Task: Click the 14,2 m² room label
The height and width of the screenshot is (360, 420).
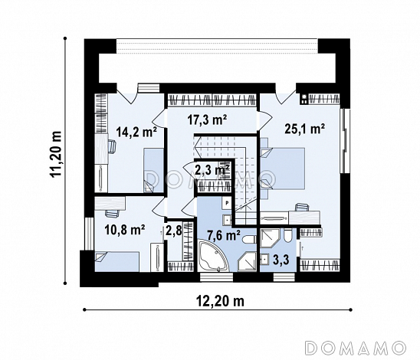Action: coord(136,132)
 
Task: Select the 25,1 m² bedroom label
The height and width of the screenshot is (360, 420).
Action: coord(305,129)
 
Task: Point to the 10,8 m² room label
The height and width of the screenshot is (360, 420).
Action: coord(125,230)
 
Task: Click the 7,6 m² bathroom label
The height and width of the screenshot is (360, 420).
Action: coord(224,236)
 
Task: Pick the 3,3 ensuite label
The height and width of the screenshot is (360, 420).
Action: coord(281,260)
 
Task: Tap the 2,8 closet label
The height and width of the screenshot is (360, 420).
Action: coord(174,231)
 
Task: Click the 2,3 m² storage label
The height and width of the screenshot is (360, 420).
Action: coord(212,169)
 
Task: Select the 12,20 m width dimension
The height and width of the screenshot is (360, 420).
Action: coord(220,301)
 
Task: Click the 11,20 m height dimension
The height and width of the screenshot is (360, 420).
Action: coord(56,154)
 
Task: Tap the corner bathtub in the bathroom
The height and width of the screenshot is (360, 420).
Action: coord(213,256)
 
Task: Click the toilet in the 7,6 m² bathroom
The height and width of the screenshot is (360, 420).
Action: coord(249,238)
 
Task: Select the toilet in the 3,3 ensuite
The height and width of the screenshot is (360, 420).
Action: coord(287,236)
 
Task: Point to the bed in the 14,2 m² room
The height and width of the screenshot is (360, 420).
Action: coord(153,170)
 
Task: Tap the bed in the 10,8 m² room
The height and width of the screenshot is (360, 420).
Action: coord(116,261)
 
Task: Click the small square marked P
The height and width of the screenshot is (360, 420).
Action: coord(227,203)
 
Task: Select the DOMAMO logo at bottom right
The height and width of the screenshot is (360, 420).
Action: coord(355,348)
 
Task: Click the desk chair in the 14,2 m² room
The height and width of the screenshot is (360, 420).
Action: coord(112,147)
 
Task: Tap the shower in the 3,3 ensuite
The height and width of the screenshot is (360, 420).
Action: coord(270,237)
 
